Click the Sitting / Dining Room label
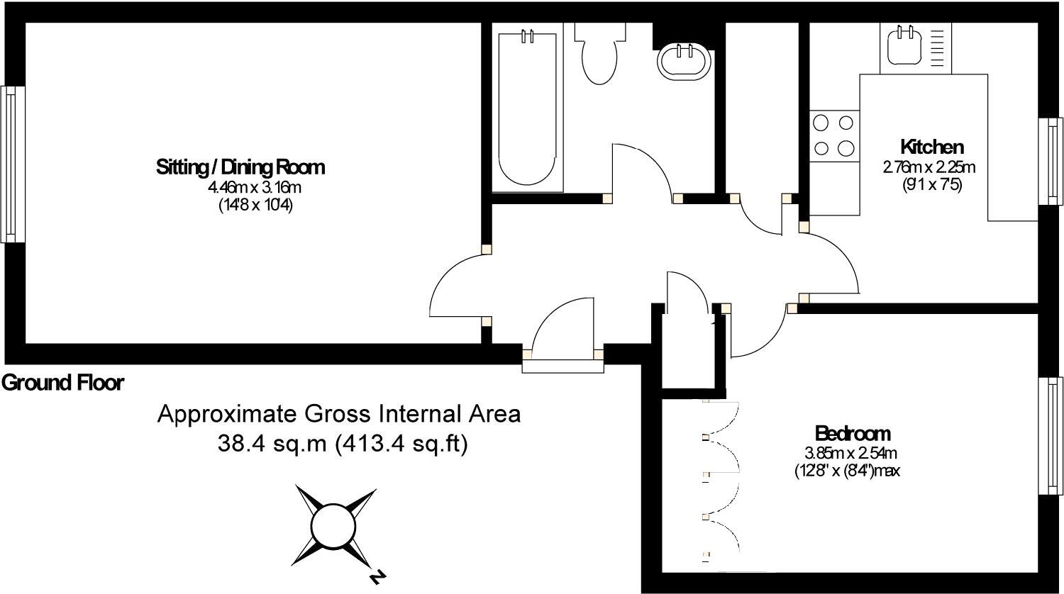(240, 167)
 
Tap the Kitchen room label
(931, 147)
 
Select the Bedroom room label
(853, 433)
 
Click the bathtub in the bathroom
(527, 106)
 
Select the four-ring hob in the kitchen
(833, 135)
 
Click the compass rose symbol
(333, 525)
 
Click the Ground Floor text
(62, 383)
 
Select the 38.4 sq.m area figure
(272, 444)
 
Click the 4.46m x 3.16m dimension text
(254, 188)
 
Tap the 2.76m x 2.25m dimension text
(929, 168)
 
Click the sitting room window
(13, 164)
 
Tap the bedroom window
(1051, 435)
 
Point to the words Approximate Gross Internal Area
(339, 414)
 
